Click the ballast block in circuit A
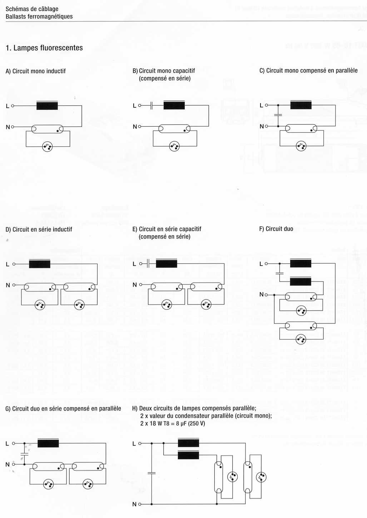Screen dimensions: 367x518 (47, 106)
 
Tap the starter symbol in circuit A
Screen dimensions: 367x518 (47, 146)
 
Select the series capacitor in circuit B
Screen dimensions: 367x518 (151, 106)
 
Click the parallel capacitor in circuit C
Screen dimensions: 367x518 (278, 115)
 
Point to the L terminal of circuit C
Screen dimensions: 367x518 (266, 105)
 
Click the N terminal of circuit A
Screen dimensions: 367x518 (13, 127)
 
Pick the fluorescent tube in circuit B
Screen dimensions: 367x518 (174, 129)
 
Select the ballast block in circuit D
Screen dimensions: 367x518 (40, 264)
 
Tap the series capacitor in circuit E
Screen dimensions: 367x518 (148, 264)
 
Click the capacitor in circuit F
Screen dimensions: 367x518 (279, 273)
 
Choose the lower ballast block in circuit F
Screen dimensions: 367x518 (301, 282)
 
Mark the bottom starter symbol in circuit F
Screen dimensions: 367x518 (301, 339)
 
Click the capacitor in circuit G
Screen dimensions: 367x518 (24, 454)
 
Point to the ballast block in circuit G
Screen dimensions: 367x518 (48, 443)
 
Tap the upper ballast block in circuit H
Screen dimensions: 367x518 (188, 443)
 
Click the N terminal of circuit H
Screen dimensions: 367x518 (139, 504)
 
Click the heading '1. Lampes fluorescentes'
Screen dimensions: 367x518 (44, 48)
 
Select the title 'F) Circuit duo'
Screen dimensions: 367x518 (276, 229)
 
